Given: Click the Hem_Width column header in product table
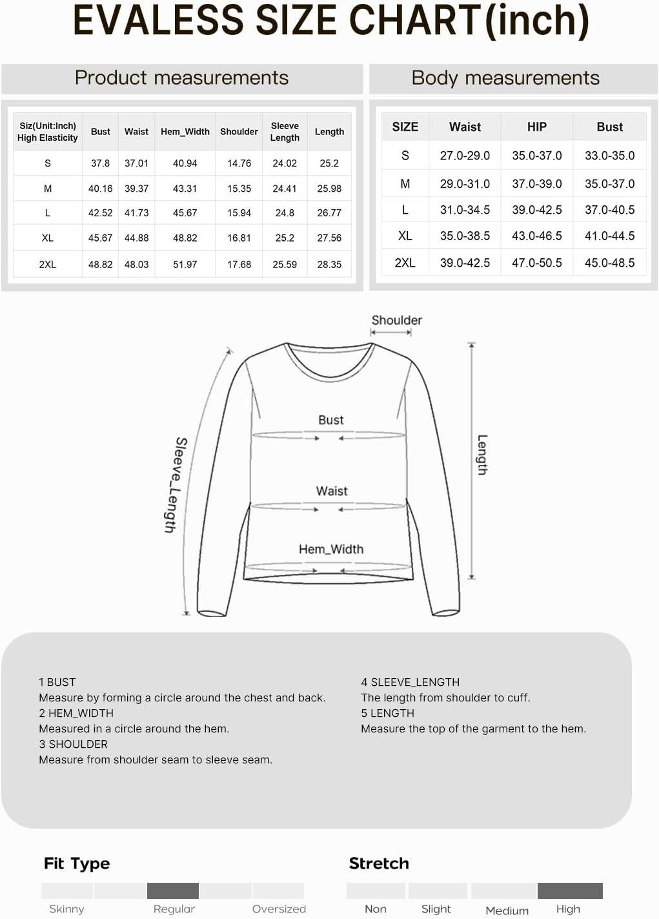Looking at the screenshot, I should [x=185, y=132].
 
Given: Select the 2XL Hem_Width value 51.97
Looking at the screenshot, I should [x=185, y=264].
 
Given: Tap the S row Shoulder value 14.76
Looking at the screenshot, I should [x=239, y=163].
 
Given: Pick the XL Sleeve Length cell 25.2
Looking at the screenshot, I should [x=285, y=238].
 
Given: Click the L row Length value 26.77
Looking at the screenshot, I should [x=329, y=212].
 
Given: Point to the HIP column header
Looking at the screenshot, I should [x=537, y=127].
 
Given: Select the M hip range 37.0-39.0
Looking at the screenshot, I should [x=537, y=184].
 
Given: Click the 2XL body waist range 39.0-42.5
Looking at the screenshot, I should [x=465, y=263].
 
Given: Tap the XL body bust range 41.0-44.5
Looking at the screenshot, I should [x=609, y=236].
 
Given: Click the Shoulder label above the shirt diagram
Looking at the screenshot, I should [x=396, y=320].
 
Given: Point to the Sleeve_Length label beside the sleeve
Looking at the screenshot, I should [x=174, y=484].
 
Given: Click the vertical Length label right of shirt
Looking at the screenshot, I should [x=482, y=455].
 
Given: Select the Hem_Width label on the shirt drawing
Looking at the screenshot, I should [x=331, y=550].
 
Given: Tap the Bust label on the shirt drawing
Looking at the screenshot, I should [x=331, y=420].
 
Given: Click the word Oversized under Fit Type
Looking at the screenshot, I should [x=279, y=909].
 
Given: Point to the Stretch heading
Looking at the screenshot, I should [x=379, y=864].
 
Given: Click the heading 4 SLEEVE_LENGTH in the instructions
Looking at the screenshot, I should [x=411, y=683].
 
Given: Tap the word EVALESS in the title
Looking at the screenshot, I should [x=159, y=21].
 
